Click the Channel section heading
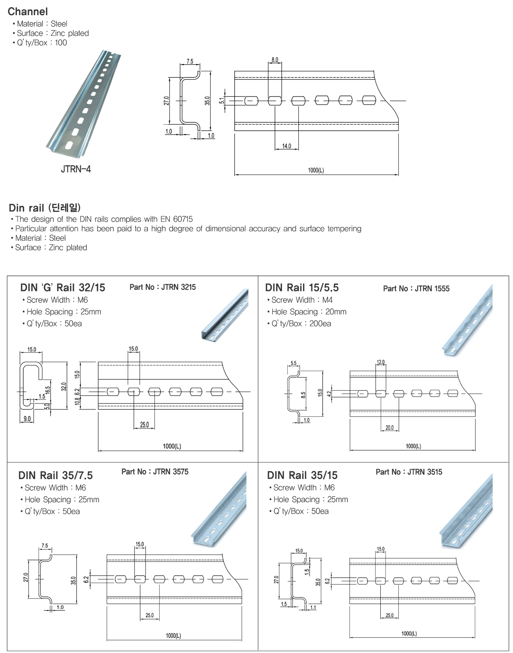coord(28,12)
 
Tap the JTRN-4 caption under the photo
coord(76,169)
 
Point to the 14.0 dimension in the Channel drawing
coord(287,146)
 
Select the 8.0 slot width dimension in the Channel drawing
coord(275,60)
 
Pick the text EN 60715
coord(177,219)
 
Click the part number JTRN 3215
coord(179,287)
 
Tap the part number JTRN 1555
coord(432,289)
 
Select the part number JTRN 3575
coord(171,471)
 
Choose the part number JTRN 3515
coord(425,472)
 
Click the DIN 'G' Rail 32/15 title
coord(63,287)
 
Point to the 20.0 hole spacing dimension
coord(390,428)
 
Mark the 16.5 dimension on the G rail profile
coord(48,390)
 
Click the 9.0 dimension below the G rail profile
coord(27,419)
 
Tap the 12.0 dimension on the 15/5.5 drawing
coord(381,362)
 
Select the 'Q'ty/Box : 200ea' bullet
coord(299,324)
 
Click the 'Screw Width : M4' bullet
coord(300,300)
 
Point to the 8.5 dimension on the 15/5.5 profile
coord(303,394)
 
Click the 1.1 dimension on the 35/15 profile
coord(313,607)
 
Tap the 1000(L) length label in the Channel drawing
coord(316,170)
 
